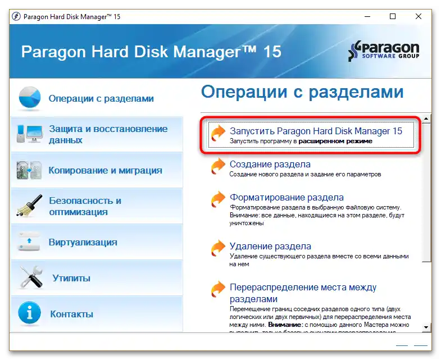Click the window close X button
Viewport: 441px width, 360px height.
coord(419,17)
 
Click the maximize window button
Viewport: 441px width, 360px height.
coord(393,17)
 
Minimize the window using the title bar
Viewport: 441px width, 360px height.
coord(367,17)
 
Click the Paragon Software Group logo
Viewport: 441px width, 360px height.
coord(384,51)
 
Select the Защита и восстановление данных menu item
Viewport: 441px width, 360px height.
coord(108,134)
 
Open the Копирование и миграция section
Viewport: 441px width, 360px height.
coord(105,170)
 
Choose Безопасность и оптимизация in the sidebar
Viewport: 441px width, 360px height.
coord(85,206)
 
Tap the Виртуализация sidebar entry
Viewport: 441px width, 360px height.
coord(83,242)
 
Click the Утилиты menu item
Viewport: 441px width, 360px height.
coord(71,278)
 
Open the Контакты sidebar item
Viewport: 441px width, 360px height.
coord(71,314)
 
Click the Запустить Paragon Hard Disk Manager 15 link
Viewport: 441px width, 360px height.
coord(316,131)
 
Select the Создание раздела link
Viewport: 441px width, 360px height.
coord(270,165)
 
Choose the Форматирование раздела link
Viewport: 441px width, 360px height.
coord(287,198)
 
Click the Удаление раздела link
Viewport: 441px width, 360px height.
coord(270,246)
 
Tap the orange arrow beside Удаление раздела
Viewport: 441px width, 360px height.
coord(217,248)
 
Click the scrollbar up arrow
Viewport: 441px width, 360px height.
coord(427,119)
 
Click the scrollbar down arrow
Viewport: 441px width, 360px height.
coord(427,327)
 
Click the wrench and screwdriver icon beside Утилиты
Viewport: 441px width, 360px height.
coord(31,278)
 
